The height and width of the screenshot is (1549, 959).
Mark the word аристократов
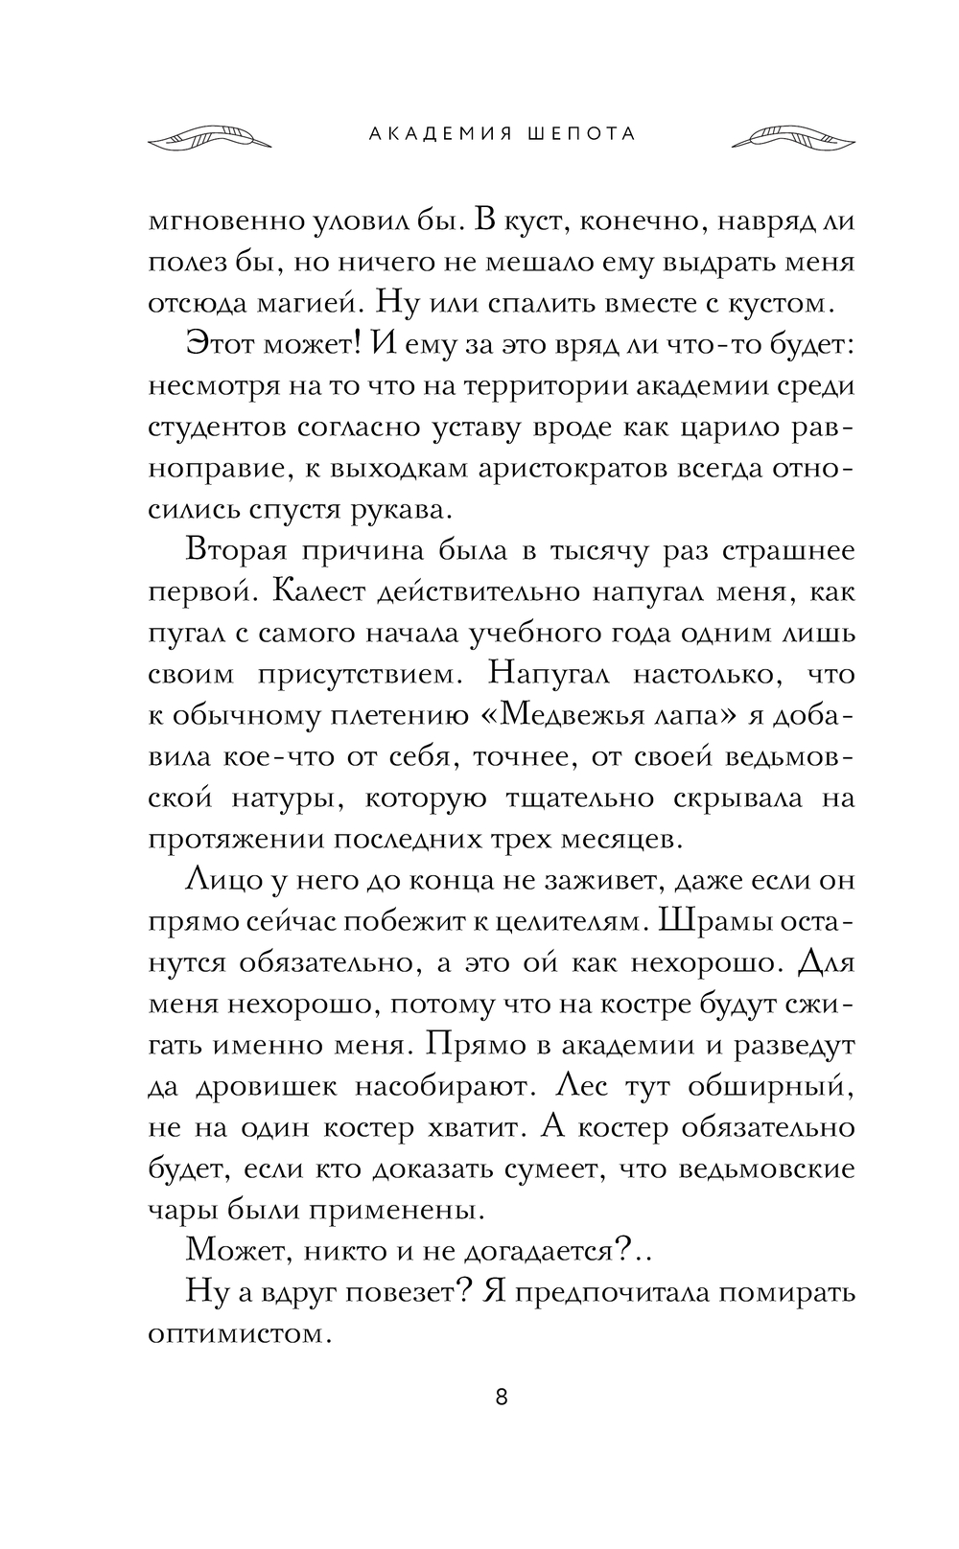[562, 469]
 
